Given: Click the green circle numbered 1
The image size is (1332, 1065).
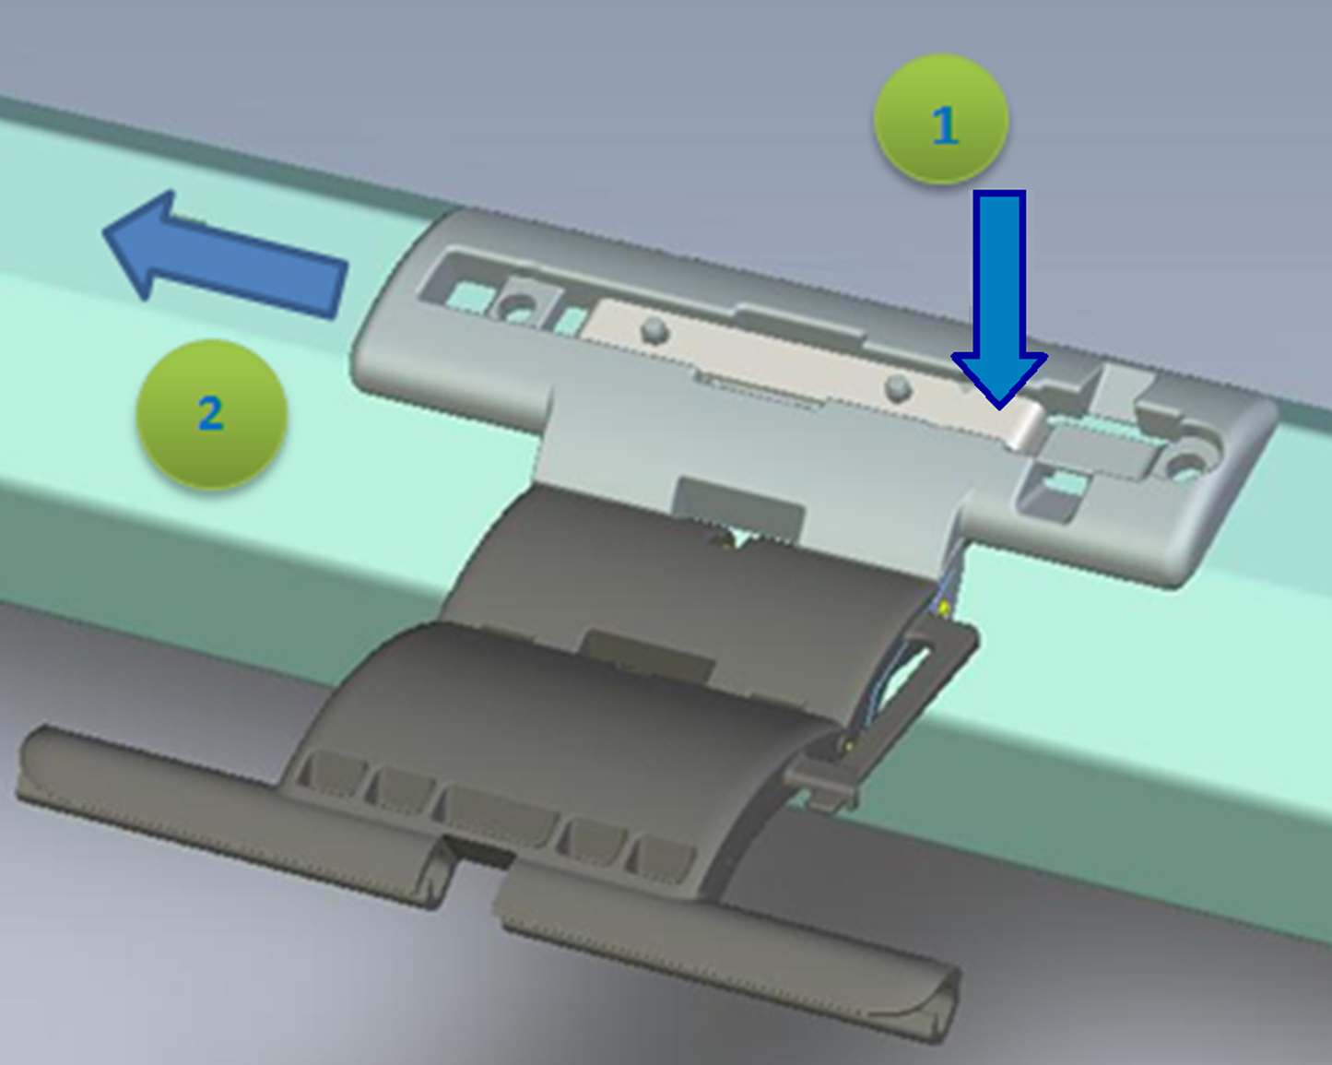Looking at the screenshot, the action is pos(941,119).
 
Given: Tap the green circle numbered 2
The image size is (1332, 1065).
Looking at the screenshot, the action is pos(211,415).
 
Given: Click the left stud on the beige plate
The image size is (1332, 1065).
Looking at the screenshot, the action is pos(655,331).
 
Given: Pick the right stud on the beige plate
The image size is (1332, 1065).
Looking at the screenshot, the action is pos(898,389).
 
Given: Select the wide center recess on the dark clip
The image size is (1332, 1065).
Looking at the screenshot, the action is pos(499,816).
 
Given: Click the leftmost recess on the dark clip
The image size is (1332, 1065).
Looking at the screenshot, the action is pos(332,774).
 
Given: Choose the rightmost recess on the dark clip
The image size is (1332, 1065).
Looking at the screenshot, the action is pos(660,858).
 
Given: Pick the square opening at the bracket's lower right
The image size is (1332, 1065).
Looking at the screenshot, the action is pos(1052,492).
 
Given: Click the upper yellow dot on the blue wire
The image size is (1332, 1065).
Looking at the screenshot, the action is pos(943,609).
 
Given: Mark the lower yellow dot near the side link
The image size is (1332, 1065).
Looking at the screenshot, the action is pos(848,747).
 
